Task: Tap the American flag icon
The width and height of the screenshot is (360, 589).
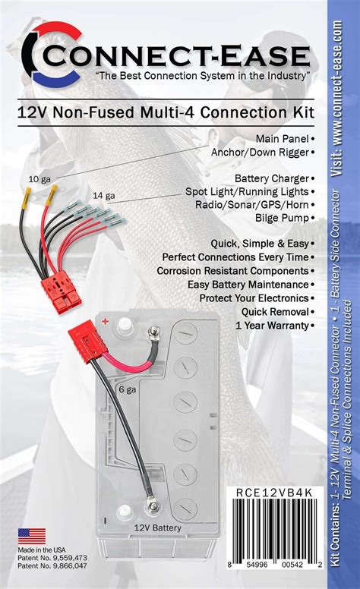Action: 32,536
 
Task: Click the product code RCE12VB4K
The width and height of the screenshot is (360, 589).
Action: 274,493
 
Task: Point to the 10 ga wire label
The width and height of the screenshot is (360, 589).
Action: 39,179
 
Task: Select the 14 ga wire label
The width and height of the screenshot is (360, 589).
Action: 104,196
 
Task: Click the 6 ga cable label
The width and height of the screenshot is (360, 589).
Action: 128,389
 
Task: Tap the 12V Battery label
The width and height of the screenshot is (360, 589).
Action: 157,528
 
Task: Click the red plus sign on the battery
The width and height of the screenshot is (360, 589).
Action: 106,322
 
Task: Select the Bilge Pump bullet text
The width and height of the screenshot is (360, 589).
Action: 283,218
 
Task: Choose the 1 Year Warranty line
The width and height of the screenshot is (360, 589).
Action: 273,326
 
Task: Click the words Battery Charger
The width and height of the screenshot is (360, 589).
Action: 272,178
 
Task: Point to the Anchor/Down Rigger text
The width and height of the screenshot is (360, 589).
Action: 260,152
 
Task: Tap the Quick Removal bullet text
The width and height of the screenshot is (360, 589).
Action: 276,312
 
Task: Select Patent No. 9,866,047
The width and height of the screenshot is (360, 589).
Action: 52,565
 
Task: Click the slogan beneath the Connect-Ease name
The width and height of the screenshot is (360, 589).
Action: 203,75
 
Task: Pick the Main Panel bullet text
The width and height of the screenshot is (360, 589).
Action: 283,139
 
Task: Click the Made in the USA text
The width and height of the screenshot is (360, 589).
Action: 41,550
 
